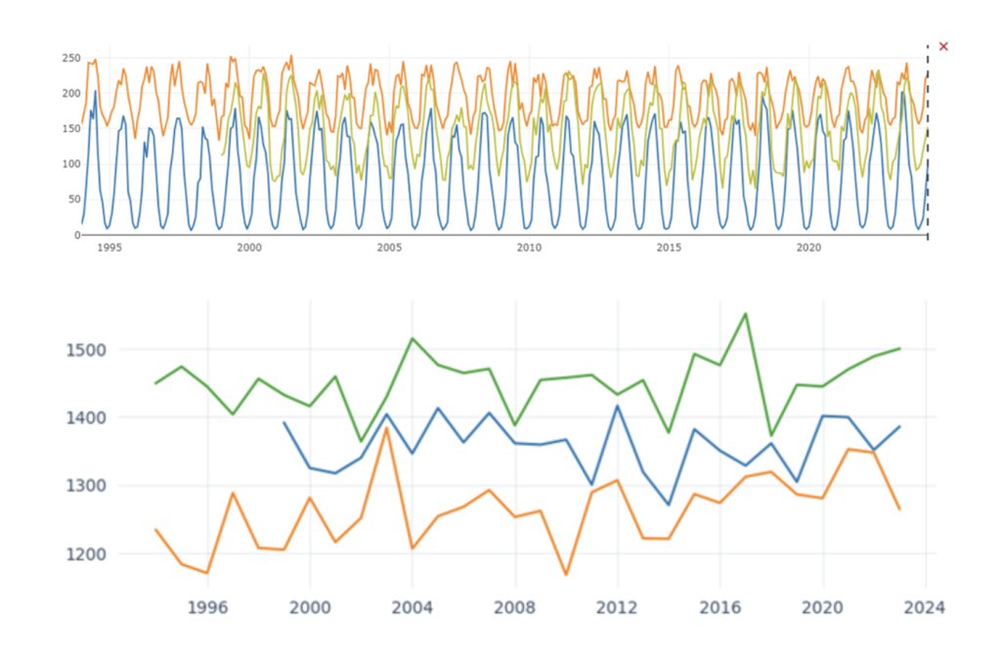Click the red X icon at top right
pos(943,46)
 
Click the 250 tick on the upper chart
pos(70,59)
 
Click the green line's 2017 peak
pos(746,314)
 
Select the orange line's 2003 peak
pos(386,427)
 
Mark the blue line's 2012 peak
pos(618,406)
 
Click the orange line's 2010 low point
pos(566,574)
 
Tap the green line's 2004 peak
pos(413,338)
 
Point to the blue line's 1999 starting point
pos(283,422)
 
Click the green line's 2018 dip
pos(771,435)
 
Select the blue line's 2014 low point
pos(669,505)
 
